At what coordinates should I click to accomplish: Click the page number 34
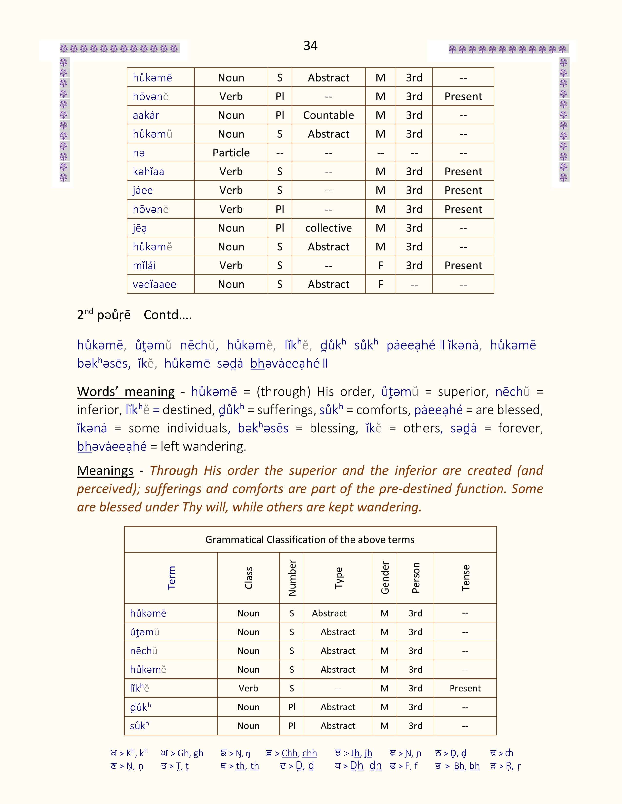310,46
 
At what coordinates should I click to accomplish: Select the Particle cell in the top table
231,153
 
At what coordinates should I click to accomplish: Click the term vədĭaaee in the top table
154,284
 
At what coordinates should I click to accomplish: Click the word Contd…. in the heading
168,315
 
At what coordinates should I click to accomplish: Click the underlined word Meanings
105,470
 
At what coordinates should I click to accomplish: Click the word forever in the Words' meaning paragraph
520,428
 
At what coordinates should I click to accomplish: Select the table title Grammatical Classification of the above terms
310,540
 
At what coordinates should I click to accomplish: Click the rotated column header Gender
385,578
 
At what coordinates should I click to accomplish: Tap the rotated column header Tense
465,578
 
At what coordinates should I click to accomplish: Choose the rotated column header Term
171,578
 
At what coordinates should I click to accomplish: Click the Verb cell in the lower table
248,688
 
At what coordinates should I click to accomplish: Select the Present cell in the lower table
465,688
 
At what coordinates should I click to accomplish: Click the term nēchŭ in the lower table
144,651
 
